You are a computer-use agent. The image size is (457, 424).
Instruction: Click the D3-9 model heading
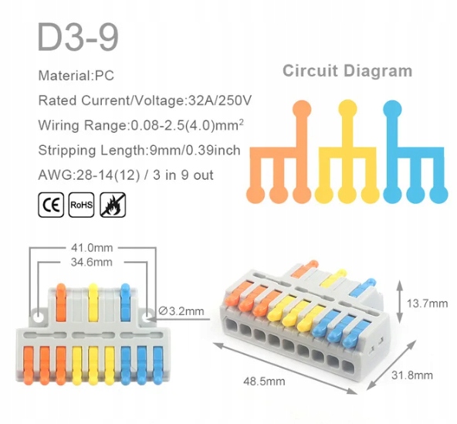click(79, 38)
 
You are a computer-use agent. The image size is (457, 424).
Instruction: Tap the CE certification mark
click(51, 205)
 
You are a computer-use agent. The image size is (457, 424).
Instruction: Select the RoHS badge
click(81, 205)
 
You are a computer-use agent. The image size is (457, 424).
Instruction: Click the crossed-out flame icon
click(113, 205)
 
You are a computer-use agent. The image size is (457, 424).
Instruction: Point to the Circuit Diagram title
click(347, 72)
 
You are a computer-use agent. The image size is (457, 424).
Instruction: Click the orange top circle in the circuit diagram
click(302, 110)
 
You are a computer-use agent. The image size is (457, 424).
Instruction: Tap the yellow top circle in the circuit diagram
click(347, 109)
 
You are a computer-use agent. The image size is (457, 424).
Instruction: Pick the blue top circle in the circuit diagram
click(393, 110)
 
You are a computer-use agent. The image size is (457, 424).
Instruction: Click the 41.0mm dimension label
click(92, 248)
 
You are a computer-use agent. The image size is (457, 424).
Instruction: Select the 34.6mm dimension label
click(92, 262)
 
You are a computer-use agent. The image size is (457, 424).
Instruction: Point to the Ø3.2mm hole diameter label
click(181, 311)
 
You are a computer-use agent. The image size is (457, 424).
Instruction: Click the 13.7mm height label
click(427, 304)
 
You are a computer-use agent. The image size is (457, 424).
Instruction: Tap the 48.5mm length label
click(264, 382)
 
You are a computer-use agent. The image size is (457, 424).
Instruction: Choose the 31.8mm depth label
click(411, 375)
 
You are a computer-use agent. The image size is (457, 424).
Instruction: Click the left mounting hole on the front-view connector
click(38, 317)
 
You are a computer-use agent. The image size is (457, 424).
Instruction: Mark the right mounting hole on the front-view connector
click(147, 317)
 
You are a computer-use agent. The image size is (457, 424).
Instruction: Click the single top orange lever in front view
click(61, 302)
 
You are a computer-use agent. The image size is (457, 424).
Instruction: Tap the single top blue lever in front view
click(125, 302)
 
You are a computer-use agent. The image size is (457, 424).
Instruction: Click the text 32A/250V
click(220, 100)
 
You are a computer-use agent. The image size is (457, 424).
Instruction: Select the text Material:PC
click(76, 76)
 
